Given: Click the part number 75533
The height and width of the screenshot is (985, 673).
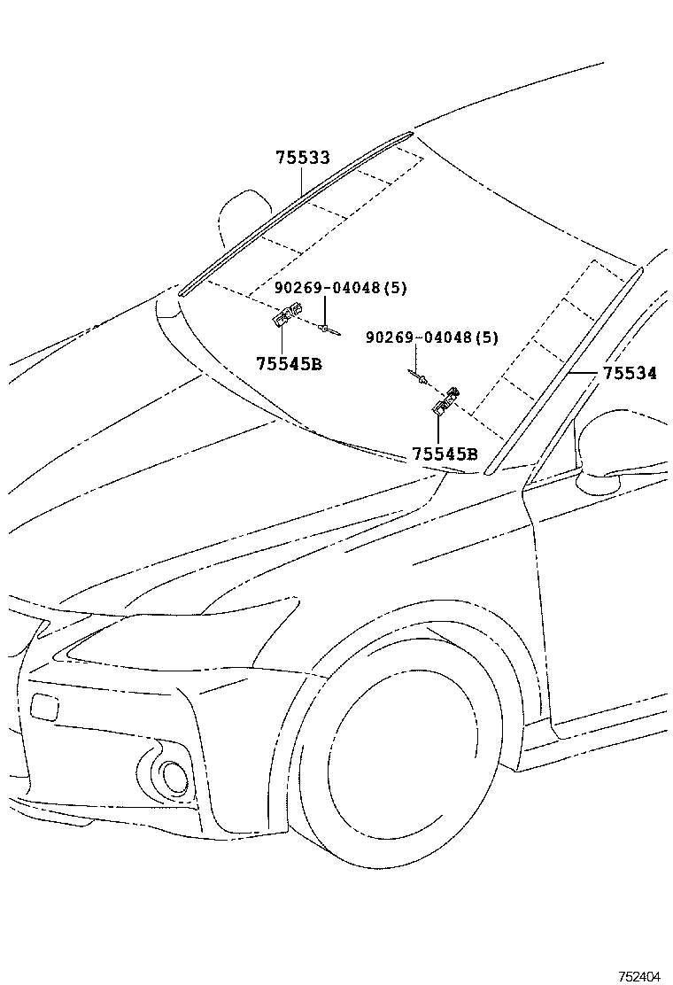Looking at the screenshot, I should pos(302,159).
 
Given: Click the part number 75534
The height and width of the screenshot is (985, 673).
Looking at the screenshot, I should pos(630,374).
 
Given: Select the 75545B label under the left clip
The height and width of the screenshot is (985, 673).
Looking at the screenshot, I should pos(289,363).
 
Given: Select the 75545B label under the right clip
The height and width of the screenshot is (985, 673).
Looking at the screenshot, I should pos(445,454).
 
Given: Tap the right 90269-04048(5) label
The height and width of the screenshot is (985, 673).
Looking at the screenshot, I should pos(432,337).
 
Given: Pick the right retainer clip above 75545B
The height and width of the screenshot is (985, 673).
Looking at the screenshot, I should pos(445,402).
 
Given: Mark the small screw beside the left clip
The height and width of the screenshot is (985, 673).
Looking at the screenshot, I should pos(328,330).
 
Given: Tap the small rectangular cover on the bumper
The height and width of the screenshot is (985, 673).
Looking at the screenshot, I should pos(43,706).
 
